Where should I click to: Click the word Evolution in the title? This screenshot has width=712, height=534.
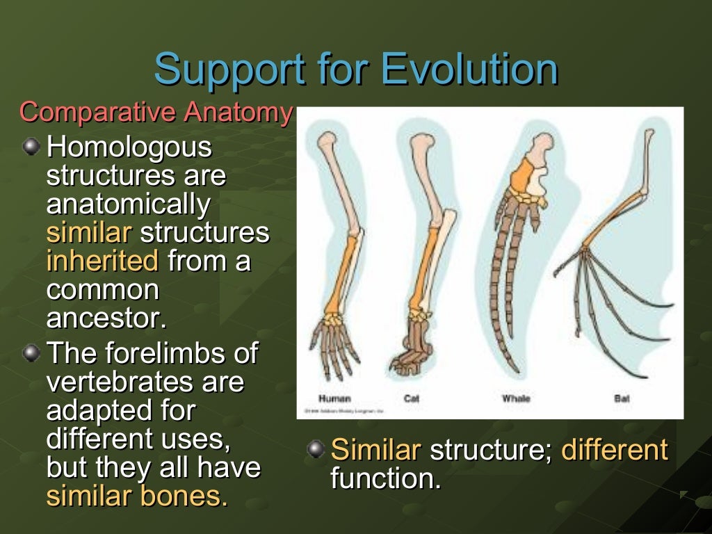(469, 70)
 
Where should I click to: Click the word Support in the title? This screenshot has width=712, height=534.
(229, 70)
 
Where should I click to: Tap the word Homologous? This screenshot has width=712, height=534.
(129, 147)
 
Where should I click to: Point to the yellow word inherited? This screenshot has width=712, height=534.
(102, 261)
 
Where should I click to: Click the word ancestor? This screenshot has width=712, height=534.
(106, 318)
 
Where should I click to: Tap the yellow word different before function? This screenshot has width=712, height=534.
(614, 451)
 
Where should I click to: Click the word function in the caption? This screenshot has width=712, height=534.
(385, 479)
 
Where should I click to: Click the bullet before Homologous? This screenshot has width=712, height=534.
(31, 146)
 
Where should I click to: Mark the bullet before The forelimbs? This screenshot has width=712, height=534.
(31, 353)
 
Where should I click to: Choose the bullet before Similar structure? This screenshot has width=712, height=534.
(316, 449)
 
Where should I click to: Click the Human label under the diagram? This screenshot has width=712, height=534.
(334, 398)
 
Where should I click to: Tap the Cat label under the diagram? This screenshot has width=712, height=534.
(412, 398)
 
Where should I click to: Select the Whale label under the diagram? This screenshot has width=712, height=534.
(516, 398)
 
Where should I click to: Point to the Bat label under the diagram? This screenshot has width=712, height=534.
(622, 398)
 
